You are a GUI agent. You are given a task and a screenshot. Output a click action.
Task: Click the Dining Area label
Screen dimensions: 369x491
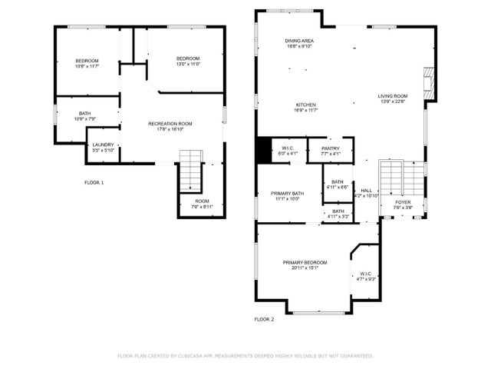(299, 41)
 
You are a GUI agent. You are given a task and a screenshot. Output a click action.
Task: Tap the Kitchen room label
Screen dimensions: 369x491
(306, 105)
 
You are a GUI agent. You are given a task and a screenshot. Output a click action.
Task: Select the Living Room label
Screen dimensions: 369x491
(392, 96)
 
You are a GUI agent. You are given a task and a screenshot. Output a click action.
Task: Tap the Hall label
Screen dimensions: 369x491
(366, 191)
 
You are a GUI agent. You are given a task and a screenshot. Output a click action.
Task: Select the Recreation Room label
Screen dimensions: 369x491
(170, 124)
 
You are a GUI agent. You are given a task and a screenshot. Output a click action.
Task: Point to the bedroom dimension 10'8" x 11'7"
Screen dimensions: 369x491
(86, 67)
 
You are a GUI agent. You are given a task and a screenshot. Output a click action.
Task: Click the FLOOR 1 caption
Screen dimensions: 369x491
(94, 182)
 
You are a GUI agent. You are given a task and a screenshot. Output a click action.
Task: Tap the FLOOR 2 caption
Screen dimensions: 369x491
(264, 318)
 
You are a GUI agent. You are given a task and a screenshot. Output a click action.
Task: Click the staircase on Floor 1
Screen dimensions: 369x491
(189, 171)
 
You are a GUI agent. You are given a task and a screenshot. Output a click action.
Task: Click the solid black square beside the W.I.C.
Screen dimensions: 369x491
(265, 150)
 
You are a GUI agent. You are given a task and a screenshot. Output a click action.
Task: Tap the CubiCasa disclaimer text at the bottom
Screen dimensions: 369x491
(245, 356)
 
